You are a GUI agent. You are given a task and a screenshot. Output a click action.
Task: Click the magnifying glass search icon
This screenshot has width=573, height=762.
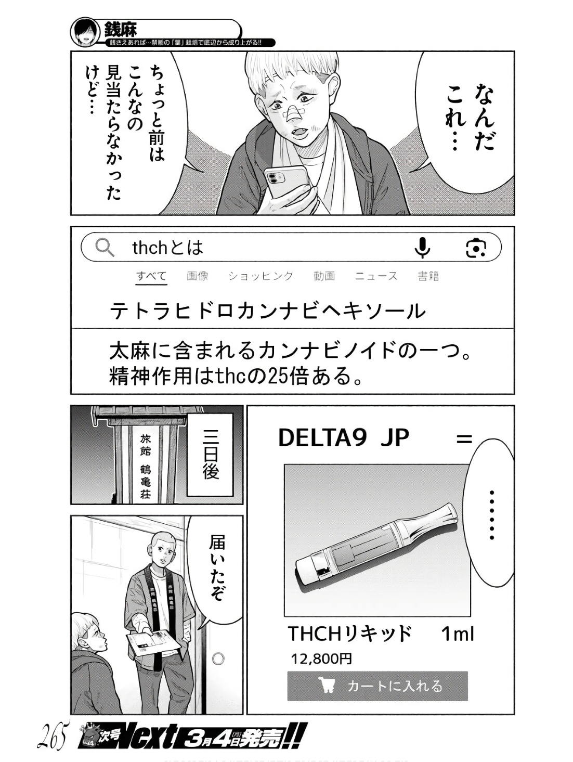[x=105, y=248]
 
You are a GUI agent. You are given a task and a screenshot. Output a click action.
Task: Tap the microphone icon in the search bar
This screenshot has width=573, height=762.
[x=422, y=248]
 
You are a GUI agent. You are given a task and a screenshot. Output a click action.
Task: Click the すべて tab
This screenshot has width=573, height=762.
[x=151, y=276]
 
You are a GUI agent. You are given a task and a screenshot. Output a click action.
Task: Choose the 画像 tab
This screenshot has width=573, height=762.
[x=198, y=276]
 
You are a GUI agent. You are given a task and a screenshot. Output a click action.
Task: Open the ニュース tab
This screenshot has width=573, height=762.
[x=376, y=276]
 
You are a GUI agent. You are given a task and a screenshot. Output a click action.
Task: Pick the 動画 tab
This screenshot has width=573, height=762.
[x=324, y=276]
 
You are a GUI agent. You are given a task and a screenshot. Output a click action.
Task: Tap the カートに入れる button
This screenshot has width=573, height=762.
[x=377, y=686]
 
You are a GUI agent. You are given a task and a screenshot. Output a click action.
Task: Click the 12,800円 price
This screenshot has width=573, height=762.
[x=321, y=659]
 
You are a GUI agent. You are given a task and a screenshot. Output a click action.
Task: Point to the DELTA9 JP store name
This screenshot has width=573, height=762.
[x=344, y=438]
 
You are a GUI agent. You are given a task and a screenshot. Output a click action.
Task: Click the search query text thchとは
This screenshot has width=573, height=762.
[x=167, y=248]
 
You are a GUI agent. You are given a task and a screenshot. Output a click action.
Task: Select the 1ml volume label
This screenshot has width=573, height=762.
[x=458, y=634]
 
